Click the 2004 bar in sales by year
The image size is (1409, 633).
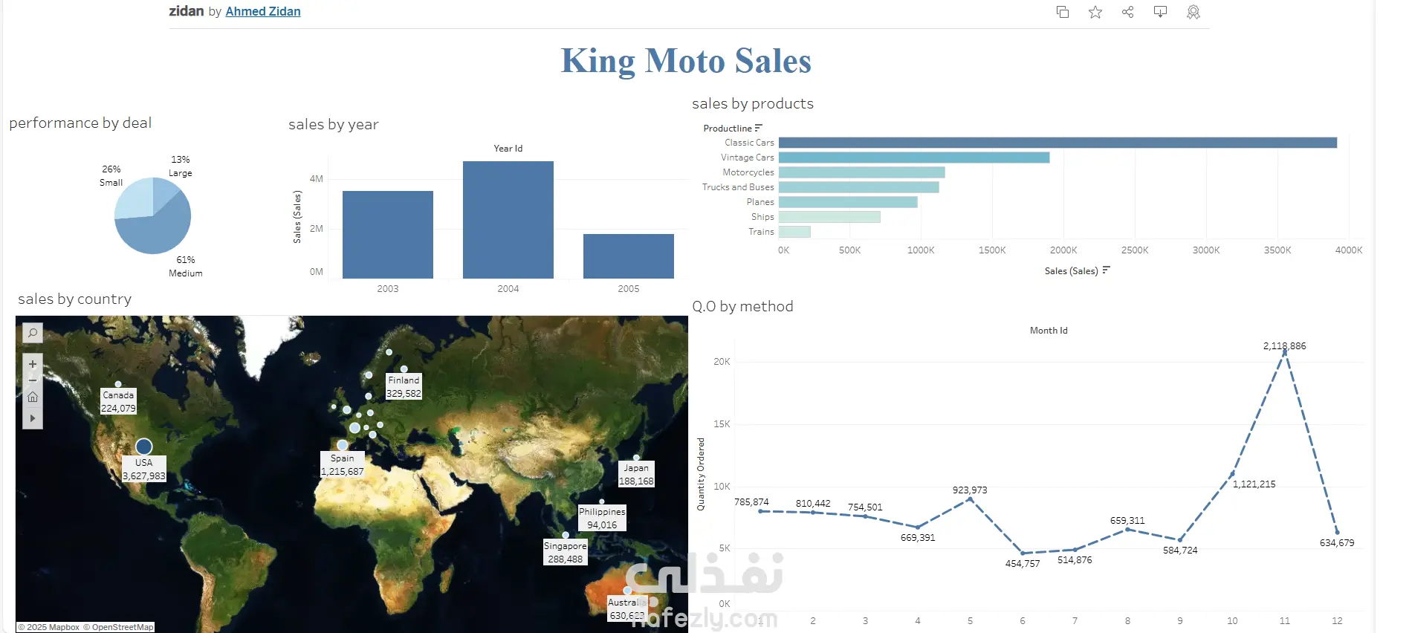(x=508, y=220)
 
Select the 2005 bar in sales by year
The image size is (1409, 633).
(x=628, y=256)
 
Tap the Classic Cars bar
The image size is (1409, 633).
(x=1057, y=143)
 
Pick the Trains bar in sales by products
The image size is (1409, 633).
(x=794, y=232)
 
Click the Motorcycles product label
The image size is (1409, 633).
(x=748, y=172)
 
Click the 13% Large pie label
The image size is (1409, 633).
(x=181, y=166)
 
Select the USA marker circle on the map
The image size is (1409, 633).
(x=144, y=447)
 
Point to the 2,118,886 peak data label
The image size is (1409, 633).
(x=1284, y=346)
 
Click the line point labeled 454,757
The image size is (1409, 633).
(x=1023, y=553)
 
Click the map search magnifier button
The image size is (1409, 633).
(x=33, y=333)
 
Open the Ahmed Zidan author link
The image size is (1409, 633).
(x=263, y=12)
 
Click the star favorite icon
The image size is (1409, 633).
(x=1095, y=12)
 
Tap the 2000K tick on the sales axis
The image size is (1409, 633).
(x=1063, y=250)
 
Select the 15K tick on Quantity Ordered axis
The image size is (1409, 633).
(x=722, y=424)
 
